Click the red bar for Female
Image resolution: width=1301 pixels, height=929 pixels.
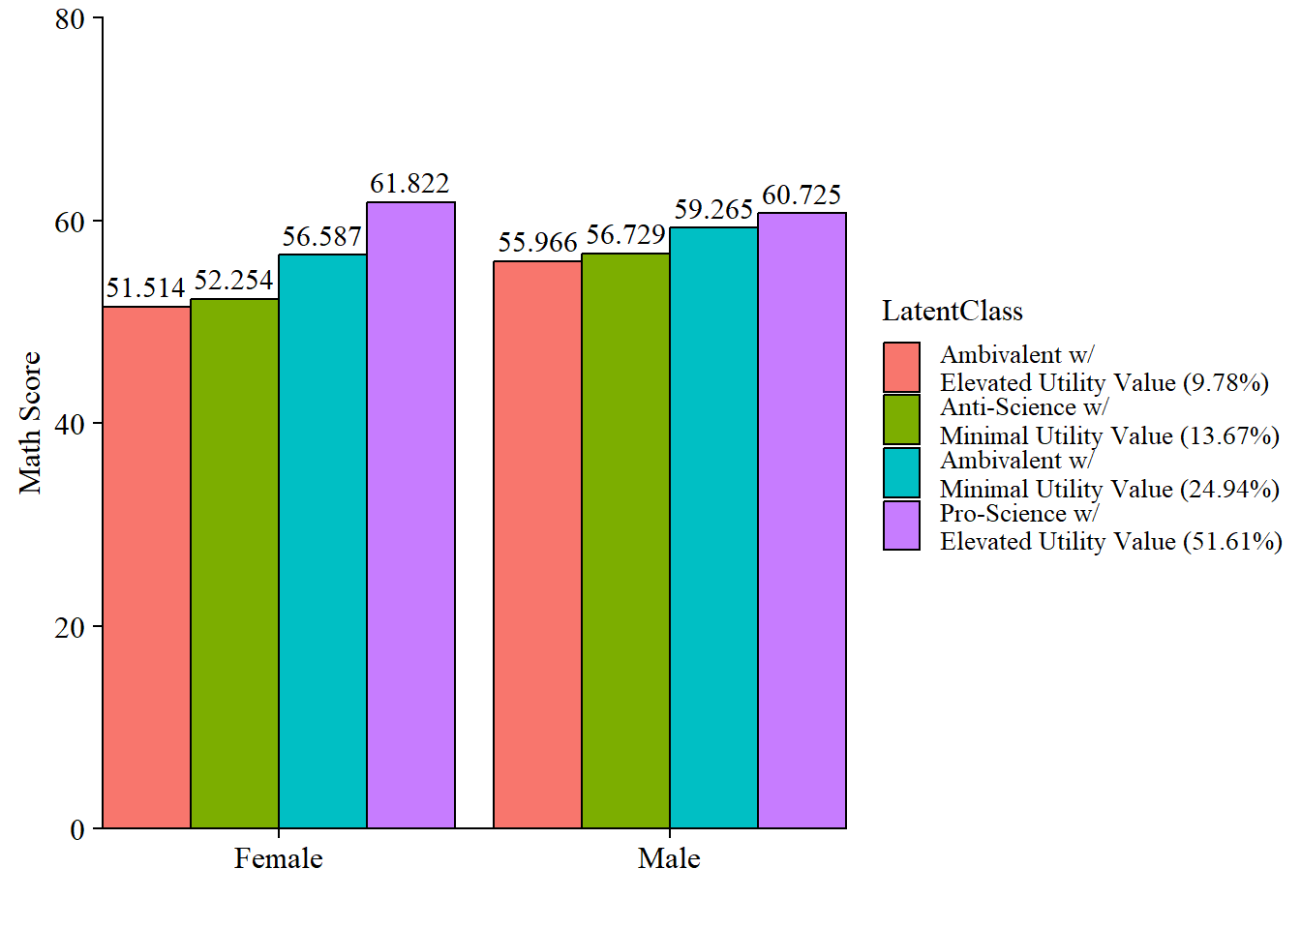(x=147, y=567)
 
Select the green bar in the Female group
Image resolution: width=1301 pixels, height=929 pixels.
(x=234, y=563)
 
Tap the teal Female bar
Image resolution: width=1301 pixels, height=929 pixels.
(x=323, y=541)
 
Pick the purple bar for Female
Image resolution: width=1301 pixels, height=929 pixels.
(x=410, y=515)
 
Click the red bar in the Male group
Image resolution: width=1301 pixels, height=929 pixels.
(x=538, y=545)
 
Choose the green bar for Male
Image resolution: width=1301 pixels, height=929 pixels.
(x=625, y=541)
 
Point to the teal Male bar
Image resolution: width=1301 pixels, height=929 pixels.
(x=713, y=527)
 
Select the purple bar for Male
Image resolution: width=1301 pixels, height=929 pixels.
(x=802, y=521)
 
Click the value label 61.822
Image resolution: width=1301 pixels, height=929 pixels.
(x=410, y=184)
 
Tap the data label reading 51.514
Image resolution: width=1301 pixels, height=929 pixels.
(x=145, y=287)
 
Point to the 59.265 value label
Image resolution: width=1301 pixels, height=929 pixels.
(x=713, y=210)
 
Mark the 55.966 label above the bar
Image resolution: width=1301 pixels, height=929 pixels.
(x=538, y=243)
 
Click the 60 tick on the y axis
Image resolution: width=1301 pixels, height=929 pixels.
(x=70, y=222)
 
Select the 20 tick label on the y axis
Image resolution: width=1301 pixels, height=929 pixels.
(x=70, y=626)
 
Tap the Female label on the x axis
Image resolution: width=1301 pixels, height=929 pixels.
(x=279, y=858)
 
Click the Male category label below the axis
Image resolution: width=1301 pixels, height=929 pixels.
(x=669, y=858)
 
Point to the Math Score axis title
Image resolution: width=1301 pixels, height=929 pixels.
(x=30, y=423)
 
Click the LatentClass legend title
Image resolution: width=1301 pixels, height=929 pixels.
(x=953, y=311)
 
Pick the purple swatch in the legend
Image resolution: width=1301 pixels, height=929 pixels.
(x=901, y=525)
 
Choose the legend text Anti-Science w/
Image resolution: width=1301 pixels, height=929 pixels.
(x=1024, y=407)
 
